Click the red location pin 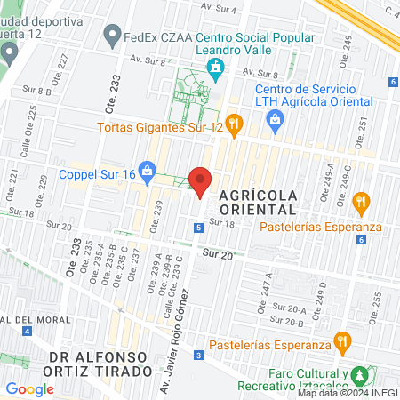pos(201,181)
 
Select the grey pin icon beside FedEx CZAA pos(112,37)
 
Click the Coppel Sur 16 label pos(98,174)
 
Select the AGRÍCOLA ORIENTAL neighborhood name pos(251,201)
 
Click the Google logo pos(29,388)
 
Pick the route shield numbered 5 pos(198,228)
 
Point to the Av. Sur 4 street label pos(220,9)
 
